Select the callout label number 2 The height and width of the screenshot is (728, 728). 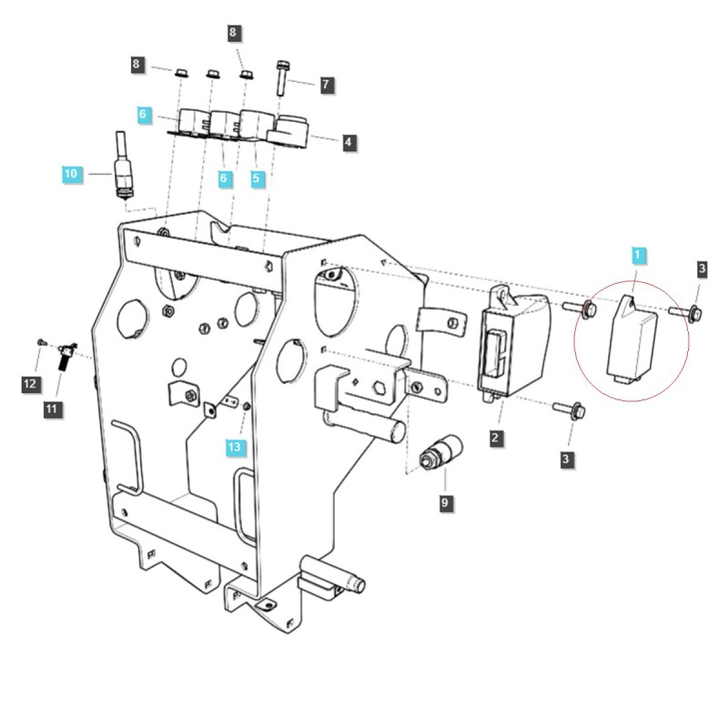495,439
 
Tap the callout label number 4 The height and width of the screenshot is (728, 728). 349,142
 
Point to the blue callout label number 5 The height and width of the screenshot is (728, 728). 257,179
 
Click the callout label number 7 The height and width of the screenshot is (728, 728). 326,85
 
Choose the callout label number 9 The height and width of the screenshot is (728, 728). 445,500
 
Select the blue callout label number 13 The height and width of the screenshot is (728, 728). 236,446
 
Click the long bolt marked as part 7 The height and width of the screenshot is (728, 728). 283,76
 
